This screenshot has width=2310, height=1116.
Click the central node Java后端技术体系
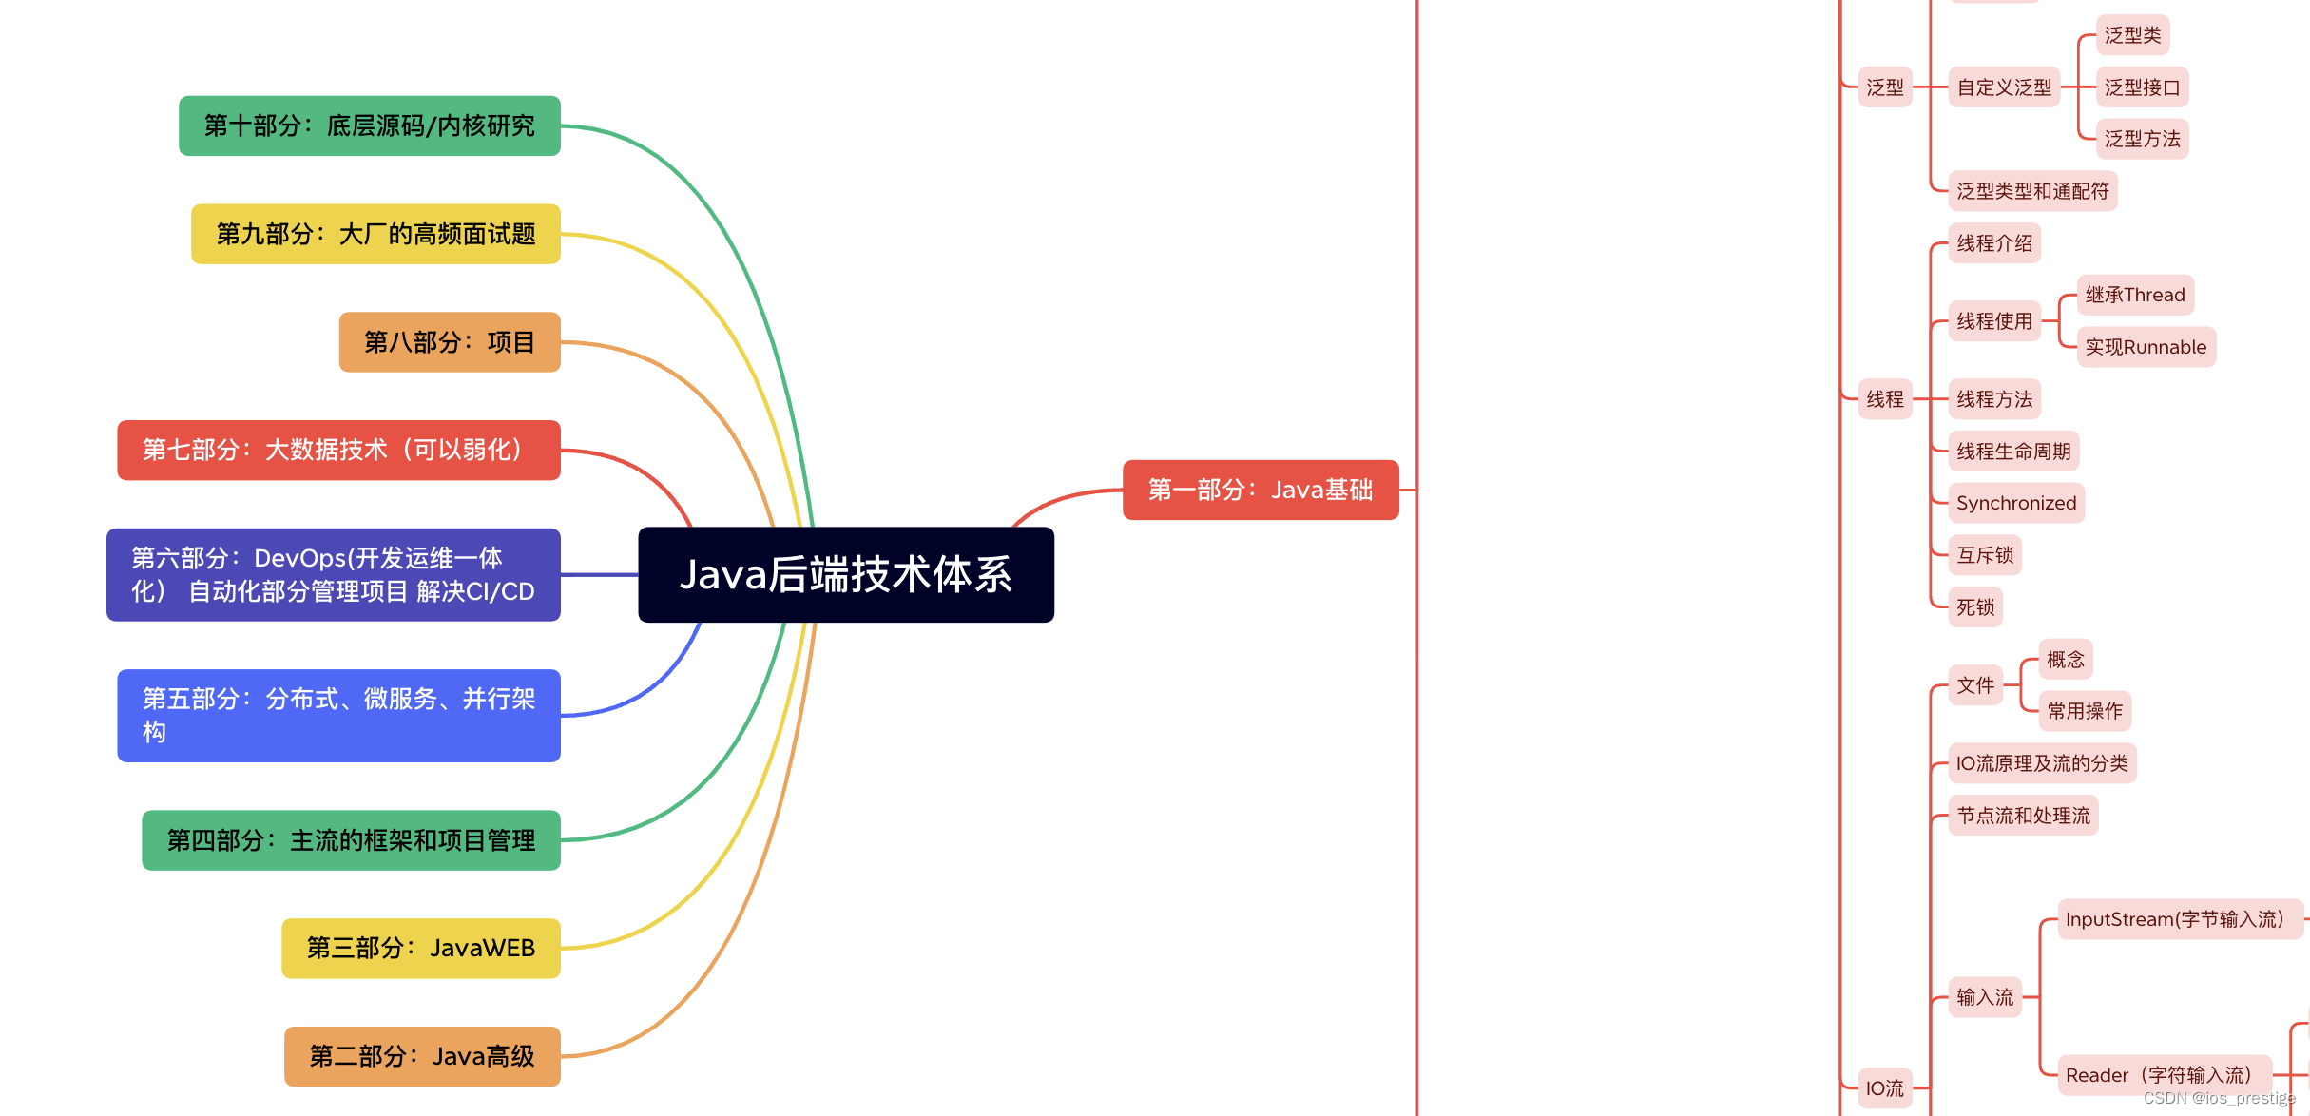coord(845,574)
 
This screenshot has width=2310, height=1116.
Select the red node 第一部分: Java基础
coord(1260,490)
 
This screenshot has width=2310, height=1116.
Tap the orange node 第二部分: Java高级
coord(422,1055)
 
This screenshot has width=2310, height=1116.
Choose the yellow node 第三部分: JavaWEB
coord(420,948)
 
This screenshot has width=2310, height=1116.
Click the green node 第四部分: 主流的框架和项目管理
coord(351,839)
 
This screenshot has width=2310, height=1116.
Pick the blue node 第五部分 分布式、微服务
coord(338,715)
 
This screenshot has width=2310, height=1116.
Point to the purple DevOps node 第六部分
coord(333,574)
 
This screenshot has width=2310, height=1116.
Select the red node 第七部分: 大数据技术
coord(338,450)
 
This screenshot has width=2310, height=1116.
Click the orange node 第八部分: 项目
coord(449,341)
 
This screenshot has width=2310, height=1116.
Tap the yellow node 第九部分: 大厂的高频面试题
coord(375,234)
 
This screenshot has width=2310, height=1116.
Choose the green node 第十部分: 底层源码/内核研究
coord(369,125)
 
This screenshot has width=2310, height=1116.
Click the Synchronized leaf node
coord(2015,503)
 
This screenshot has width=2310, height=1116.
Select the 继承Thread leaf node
coord(2134,295)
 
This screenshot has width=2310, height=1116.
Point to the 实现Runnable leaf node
coord(2146,347)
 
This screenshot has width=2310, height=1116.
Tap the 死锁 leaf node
coord(1974,606)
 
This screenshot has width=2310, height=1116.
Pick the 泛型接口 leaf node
coord(2142,87)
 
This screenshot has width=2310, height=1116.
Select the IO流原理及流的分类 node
coord(2041,763)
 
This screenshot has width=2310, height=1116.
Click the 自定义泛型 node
coord(2003,87)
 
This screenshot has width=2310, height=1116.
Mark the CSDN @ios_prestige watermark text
coord(2219,1098)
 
